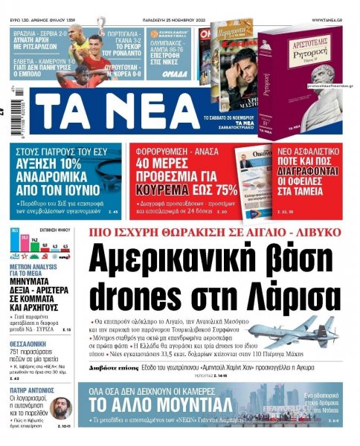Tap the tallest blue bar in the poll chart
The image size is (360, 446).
click(x=14, y=242)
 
